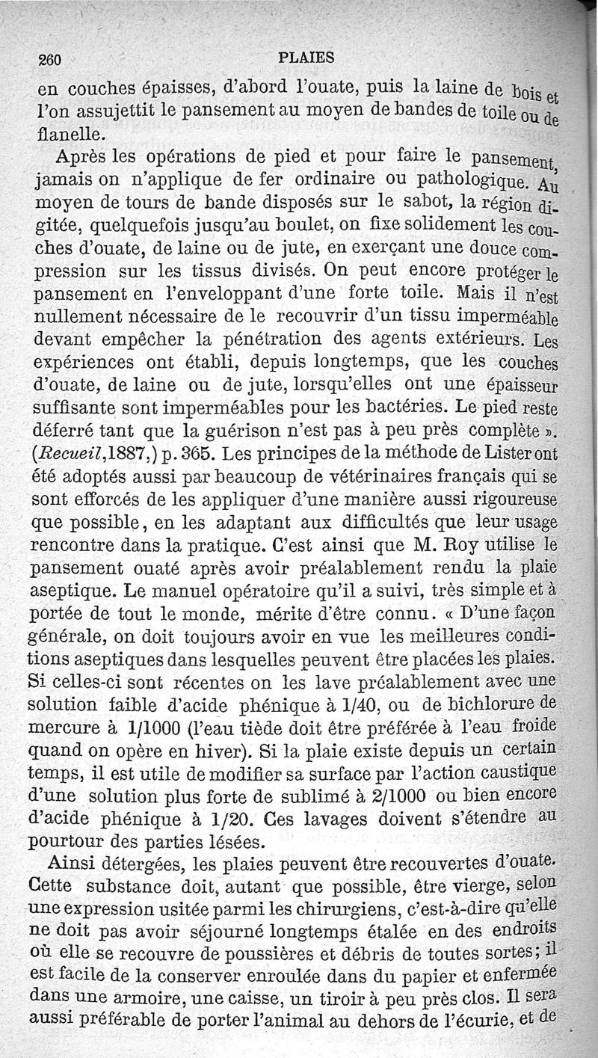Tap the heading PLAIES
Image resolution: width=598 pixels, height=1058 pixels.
(x=305, y=57)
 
